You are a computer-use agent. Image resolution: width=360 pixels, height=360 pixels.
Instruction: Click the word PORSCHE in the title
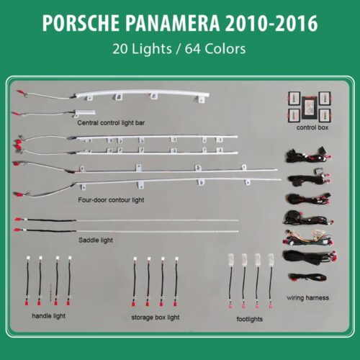coord(81,23)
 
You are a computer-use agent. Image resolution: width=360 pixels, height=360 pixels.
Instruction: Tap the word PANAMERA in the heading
coord(172,23)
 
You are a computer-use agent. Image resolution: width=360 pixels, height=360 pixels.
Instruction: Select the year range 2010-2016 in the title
coord(271,23)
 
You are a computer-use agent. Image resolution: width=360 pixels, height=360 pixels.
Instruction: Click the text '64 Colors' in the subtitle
coord(215,49)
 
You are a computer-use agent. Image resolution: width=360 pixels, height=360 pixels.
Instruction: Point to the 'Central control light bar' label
coord(111,123)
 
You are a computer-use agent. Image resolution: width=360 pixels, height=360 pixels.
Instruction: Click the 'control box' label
coord(312,127)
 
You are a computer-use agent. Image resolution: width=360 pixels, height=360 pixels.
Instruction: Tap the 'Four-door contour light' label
coord(111,200)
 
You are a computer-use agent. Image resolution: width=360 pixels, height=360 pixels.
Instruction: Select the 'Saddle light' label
coord(96,240)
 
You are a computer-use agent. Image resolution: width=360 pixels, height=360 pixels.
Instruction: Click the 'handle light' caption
coord(48,316)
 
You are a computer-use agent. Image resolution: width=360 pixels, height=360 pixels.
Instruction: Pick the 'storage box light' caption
coord(156,318)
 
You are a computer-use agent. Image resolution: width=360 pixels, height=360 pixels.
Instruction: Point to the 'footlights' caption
coord(249,319)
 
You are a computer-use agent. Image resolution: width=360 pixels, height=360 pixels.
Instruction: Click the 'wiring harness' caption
coord(307,298)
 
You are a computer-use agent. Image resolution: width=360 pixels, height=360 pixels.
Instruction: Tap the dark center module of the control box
coord(310,108)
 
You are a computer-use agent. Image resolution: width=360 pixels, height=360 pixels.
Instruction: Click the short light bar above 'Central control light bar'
coord(84,112)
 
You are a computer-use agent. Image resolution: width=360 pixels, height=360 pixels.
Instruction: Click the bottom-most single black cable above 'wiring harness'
coord(307,277)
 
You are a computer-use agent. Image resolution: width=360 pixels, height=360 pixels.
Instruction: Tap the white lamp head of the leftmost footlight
coord(231,260)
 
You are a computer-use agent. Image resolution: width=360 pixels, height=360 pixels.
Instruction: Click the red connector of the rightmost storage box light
coord(175,304)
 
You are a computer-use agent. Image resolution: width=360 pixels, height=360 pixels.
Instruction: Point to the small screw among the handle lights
coord(50,292)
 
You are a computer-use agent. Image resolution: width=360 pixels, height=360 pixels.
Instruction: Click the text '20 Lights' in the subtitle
coord(142,49)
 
